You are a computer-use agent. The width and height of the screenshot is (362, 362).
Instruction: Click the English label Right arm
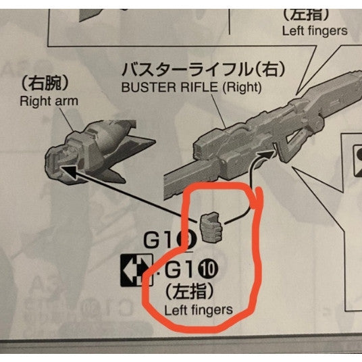click(x=50, y=101)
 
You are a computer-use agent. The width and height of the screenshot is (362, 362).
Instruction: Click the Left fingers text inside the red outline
click(x=199, y=309)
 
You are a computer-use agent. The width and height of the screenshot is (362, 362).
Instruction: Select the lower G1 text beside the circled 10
click(x=181, y=272)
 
